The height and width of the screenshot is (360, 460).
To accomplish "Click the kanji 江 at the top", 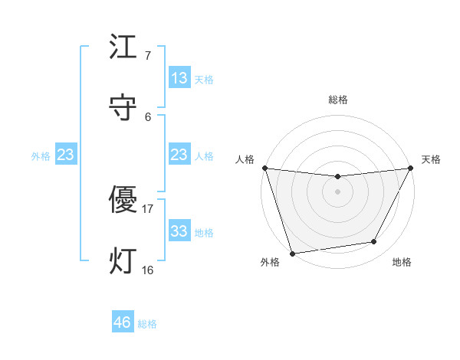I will (x=123, y=47).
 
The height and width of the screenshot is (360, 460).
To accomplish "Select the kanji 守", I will (x=123, y=106).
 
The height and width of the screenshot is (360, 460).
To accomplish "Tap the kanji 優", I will (x=123, y=200).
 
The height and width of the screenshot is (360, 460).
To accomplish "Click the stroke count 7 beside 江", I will (x=148, y=56).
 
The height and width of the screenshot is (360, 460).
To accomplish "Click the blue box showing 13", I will (x=179, y=78).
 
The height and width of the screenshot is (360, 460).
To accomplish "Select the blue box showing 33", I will (x=179, y=231).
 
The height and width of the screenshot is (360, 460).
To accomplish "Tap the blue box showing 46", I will (x=123, y=322).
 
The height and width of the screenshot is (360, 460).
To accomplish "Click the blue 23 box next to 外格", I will (x=65, y=155).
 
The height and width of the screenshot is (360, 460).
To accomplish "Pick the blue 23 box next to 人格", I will (x=179, y=155).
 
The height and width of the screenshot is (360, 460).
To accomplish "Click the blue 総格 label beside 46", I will (x=147, y=324).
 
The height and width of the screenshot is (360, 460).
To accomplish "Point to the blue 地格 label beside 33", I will (x=204, y=233).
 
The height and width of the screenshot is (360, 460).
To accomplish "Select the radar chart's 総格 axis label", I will (x=338, y=100).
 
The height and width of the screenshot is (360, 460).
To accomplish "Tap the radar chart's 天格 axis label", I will (x=431, y=159).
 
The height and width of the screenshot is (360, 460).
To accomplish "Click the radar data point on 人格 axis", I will (x=264, y=168).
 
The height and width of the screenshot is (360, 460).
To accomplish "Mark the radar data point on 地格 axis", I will (x=374, y=242).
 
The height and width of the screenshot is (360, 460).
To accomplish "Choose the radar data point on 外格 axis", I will (x=292, y=253).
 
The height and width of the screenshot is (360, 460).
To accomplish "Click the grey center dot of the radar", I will (x=337, y=191).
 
